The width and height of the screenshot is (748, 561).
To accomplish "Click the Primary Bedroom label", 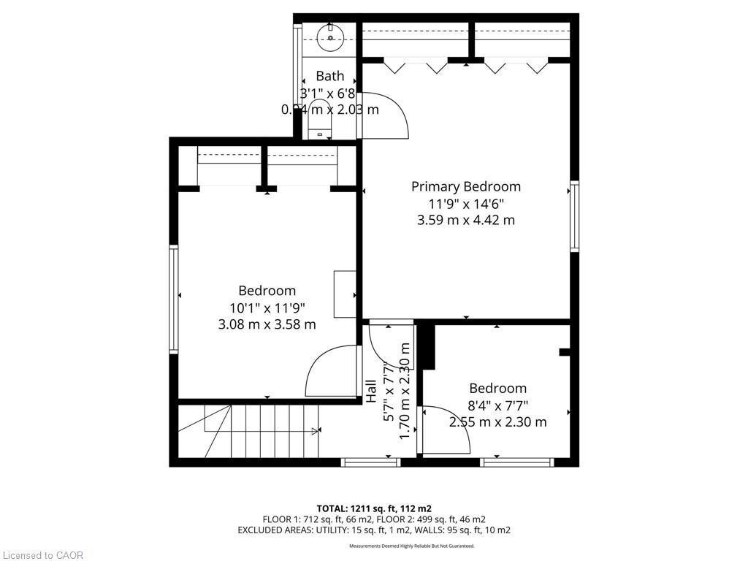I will point(465,186).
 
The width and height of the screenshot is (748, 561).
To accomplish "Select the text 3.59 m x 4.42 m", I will point(465,220).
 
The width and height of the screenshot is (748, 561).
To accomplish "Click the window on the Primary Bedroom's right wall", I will point(574,217).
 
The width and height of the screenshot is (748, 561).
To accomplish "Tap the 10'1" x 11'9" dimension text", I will point(267,308).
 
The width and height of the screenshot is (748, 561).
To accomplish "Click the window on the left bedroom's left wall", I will point(174,299).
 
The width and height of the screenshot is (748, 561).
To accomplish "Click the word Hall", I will point(371,391).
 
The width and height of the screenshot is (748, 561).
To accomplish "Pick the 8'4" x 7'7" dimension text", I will point(498,405).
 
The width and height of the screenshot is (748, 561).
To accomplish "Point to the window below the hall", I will point(370,462).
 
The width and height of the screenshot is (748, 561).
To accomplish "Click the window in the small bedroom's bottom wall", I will point(517,462).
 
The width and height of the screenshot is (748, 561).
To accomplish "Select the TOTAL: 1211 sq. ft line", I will point(373,508).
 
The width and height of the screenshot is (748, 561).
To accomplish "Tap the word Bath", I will point(329,76).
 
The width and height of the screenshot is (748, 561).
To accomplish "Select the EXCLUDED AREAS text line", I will point(373,530).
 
